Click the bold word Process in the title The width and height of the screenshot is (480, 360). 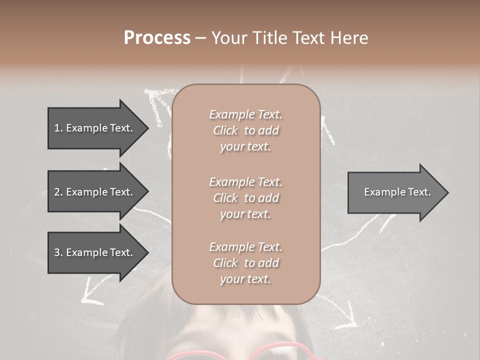tap(157, 38)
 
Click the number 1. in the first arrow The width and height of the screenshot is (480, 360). tap(58, 128)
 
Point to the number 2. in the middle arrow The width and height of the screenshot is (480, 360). tap(58, 192)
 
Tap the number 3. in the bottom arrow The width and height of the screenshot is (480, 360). tap(58, 252)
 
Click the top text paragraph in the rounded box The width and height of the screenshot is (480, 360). tap(245, 130)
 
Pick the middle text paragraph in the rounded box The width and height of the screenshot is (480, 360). tap(245, 198)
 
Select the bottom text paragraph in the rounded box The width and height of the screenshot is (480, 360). tap(245, 263)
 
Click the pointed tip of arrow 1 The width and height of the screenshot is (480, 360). tap(147, 128)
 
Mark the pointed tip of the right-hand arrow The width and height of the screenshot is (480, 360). tap(447, 192)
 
